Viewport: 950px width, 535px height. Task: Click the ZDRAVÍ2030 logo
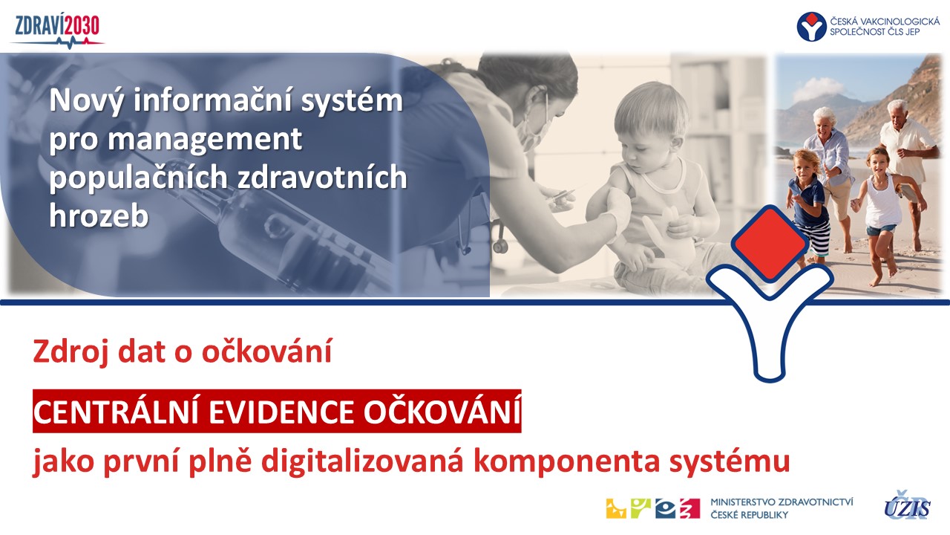click(57, 31)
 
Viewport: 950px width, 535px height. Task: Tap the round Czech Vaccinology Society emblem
click(811, 26)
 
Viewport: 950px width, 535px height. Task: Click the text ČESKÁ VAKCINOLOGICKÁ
click(884, 21)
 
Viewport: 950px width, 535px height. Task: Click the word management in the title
click(205, 140)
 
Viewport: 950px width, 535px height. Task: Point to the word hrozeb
click(99, 215)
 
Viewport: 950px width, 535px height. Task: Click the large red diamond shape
click(770, 243)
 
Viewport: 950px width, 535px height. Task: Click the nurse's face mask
click(535, 126)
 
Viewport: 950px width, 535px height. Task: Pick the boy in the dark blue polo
click(808, 204)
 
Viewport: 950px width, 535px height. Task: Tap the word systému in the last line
click(730, 461)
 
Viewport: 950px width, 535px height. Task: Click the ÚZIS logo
click(907, 505)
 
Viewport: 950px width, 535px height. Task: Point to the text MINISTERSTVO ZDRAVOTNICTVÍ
click(782, 502)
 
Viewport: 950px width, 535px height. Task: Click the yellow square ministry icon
click(616, 508)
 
